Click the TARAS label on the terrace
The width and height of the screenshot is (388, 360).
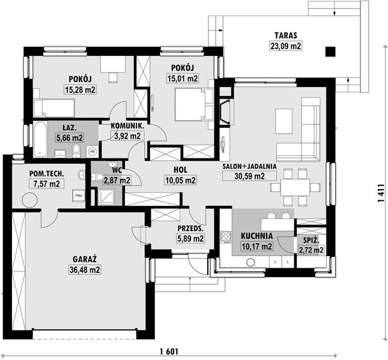point(285,35)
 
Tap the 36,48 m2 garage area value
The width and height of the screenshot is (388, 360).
point(85,269)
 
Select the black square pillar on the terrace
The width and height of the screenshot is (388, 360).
point(330,52)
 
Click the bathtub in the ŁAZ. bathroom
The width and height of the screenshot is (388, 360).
point(40,139)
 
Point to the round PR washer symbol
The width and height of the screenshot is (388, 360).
point(92,151)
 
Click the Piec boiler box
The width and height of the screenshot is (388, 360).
point(79,196)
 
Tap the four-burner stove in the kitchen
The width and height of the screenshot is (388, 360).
point(226,237)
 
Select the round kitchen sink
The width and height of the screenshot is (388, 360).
point(250,263)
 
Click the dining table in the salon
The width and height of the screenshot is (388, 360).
point(295,187)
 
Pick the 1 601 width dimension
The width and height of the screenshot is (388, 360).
point(169,352)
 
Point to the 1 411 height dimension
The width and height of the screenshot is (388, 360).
point(381,193)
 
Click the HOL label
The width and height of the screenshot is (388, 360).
point(180,170)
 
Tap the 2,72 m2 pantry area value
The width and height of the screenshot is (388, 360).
point(311,250)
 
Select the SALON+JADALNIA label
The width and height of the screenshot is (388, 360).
point(249,166)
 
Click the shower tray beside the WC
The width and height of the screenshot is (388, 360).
point(106,197)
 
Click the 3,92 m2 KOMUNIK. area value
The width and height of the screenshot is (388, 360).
point(127,136)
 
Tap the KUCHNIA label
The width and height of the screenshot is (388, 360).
point(256,236)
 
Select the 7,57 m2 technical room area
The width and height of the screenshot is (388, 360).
point(46,184)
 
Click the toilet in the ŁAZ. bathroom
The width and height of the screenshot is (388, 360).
point(76,151)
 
